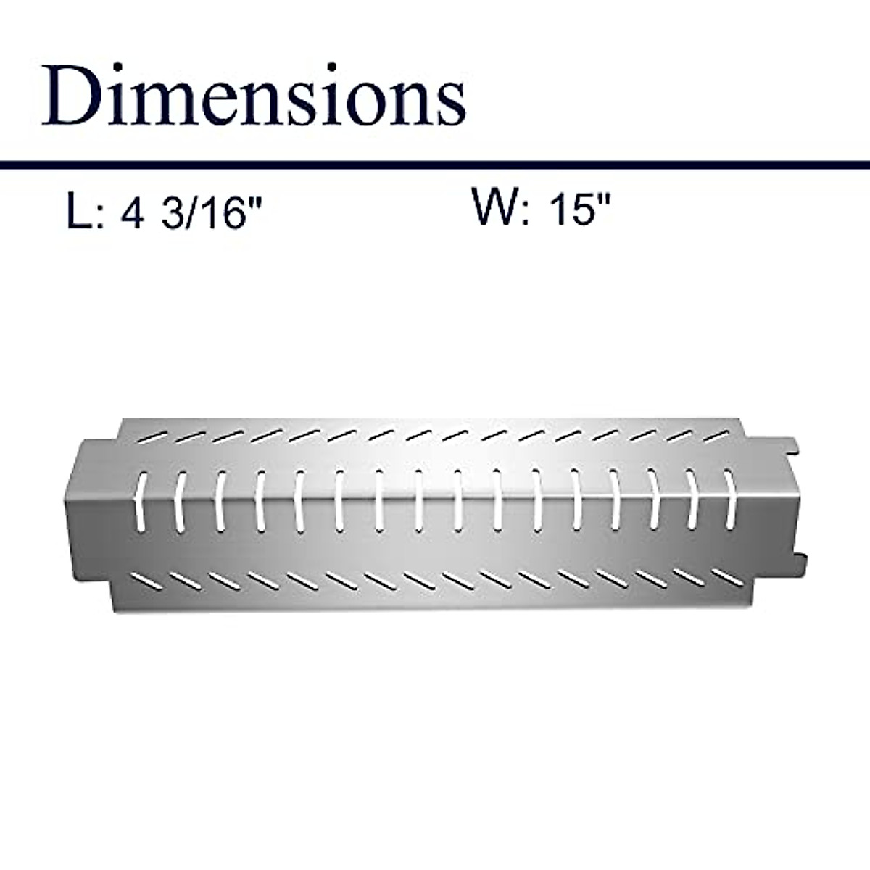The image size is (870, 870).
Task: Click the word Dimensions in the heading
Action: click(254, 96)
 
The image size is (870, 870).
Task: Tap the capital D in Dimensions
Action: click(72, 96)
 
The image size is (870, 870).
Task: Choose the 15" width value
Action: click(580, 208)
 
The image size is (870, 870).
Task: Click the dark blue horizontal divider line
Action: click(435, 165)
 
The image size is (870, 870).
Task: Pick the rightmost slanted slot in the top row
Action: click(716, 436)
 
